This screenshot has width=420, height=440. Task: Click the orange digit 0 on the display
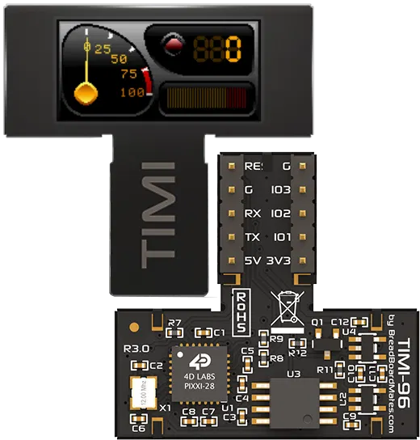pyautogui.click(x=233, y=50)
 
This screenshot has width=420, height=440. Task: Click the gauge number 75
pyautogui.click(x=128, y=74)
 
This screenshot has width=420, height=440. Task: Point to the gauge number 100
pyautogui.click(x=132, y=92)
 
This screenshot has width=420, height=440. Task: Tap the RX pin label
pyautogui.click(x=254, y=214)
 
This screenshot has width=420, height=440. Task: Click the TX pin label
pyautogui.click(x=253, y=238)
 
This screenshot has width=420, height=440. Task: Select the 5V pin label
pyautogui.click(x=253, y=261)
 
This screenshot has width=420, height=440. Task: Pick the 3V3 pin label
pyautogui.click(x=279, y=261)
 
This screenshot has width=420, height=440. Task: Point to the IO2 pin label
pyautogui.click(x=280, y=214)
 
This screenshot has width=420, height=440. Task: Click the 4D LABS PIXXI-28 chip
pyautogui.click(x=199, y=374)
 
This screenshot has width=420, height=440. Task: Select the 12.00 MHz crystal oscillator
pyautogui.click(x=138, y=393)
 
